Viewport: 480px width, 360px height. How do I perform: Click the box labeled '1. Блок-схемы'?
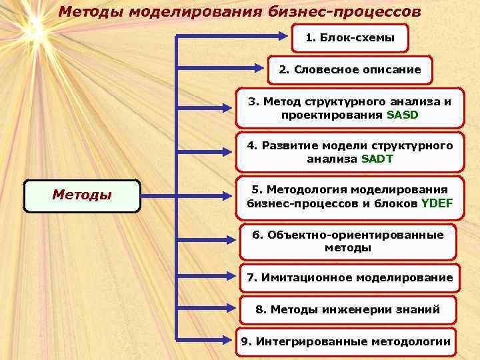350,39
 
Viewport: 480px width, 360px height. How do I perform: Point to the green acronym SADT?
377,159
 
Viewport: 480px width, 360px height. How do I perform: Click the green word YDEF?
437,203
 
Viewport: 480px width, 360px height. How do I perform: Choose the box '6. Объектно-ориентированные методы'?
347,241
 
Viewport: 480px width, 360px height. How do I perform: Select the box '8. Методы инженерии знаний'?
347,310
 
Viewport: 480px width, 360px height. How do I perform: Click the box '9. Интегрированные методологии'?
345,342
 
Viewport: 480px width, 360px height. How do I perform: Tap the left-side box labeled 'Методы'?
82,196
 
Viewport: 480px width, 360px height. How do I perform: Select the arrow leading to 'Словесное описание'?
220,66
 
